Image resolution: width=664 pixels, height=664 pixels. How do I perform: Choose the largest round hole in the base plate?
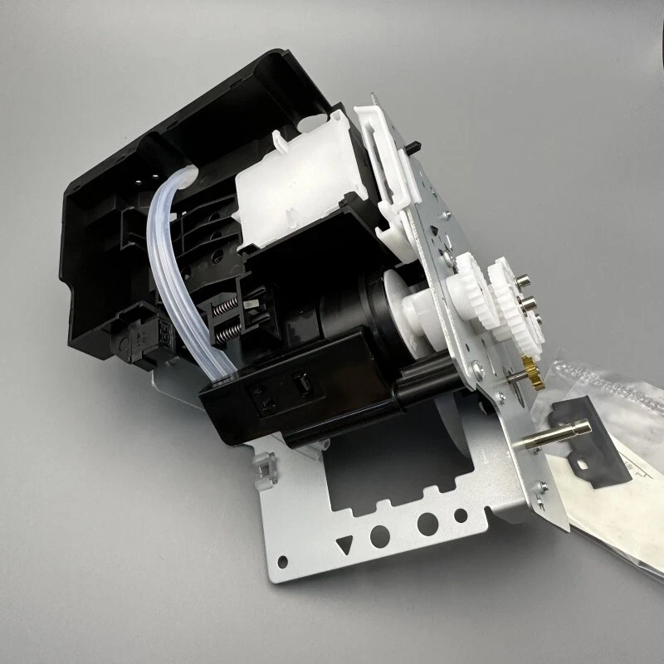click(428, 523)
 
